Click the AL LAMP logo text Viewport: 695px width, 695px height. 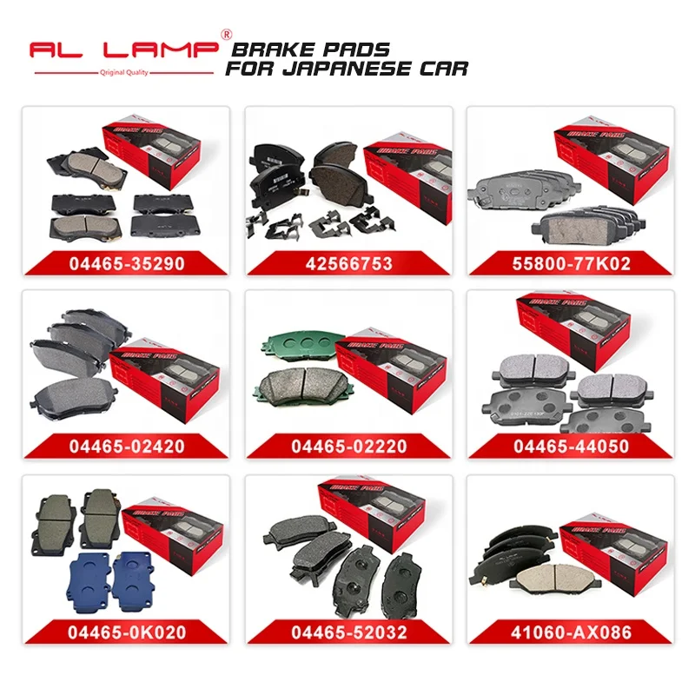click(x=122, y=50)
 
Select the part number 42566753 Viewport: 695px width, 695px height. click(x=347, y=263)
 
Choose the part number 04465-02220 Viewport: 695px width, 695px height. click(x=347, y=447)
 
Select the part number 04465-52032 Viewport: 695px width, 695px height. click(x=347, y=632)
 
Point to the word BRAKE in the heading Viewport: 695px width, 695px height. click(x=262, y=50)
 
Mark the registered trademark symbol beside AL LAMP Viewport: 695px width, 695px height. click(x=228, y=35)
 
